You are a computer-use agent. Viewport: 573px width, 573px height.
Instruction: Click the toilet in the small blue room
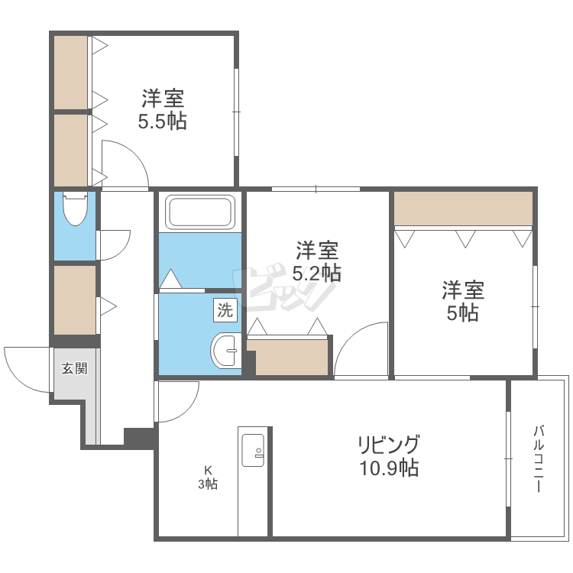[76, 209]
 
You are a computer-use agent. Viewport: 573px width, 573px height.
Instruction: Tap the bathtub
[200, 212]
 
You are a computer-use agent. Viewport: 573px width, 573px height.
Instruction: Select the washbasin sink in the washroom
[226, 350]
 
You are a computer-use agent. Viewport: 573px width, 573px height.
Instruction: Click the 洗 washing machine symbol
[225, 310]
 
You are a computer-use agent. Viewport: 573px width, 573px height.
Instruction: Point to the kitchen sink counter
[253, 481]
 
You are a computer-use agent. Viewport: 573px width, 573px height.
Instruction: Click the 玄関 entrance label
[75, 368]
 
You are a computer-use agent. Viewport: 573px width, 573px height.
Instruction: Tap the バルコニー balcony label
[539, 458]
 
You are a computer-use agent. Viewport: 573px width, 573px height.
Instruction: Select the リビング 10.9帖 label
[389, 455]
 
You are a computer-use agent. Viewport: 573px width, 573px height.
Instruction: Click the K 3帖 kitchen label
[208, 477]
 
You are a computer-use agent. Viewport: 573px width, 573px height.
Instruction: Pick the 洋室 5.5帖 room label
[163, 109]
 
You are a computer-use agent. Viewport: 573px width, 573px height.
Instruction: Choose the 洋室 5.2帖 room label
[317, 261]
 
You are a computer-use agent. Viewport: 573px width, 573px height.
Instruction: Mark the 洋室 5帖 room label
[463, 301]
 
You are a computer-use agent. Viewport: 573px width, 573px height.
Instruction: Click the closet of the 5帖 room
[463, 209]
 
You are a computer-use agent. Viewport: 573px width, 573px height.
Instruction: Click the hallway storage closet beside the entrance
[75, 299]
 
